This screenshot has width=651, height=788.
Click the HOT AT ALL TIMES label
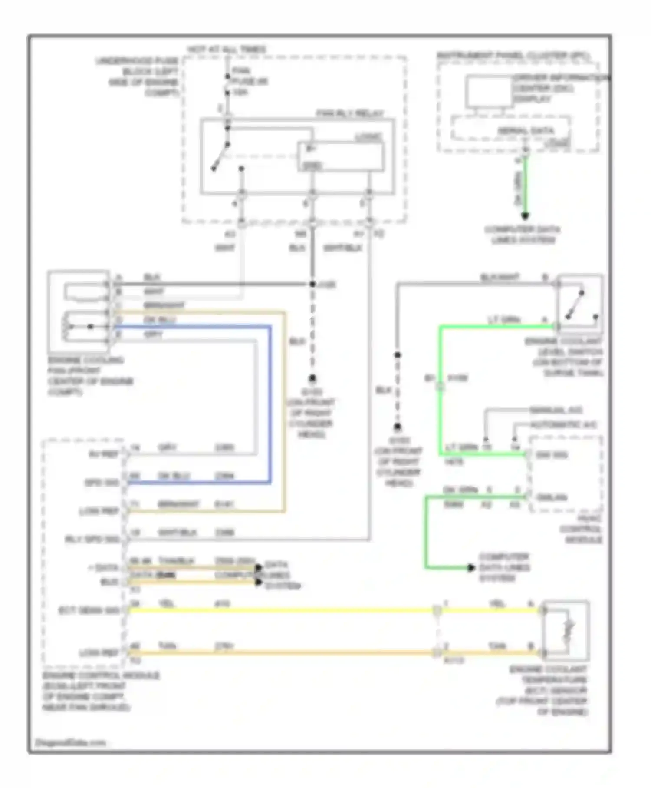pyautogui.click(x=226, y=50)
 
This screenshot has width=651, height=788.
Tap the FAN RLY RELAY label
pyautogui.click(x=350, y=114)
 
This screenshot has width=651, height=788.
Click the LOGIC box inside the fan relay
pyautogui.click(x=340, y=157)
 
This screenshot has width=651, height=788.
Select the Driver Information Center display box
pyautogui.click(x=489, y=91)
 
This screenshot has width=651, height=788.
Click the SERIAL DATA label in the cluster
pyautogui.click(x=525, y=131)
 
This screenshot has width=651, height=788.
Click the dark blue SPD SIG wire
pyautogui.click(x=270, y=404)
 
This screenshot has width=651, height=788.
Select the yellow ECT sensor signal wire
pyautogui.click(x=282, y=610)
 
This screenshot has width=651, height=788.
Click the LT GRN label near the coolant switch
pyautogui.click(x=504, y=320)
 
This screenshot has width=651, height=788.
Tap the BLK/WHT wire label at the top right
pyautogui.click(x=499, y=277)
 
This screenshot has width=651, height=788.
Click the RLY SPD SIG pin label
pyautogui.click(x=92, y=540)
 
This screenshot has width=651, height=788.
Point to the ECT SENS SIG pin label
pyautogui.click(x=89, y=611)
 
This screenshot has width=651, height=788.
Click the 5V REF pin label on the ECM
pyautogui.click(x=103, y=454)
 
